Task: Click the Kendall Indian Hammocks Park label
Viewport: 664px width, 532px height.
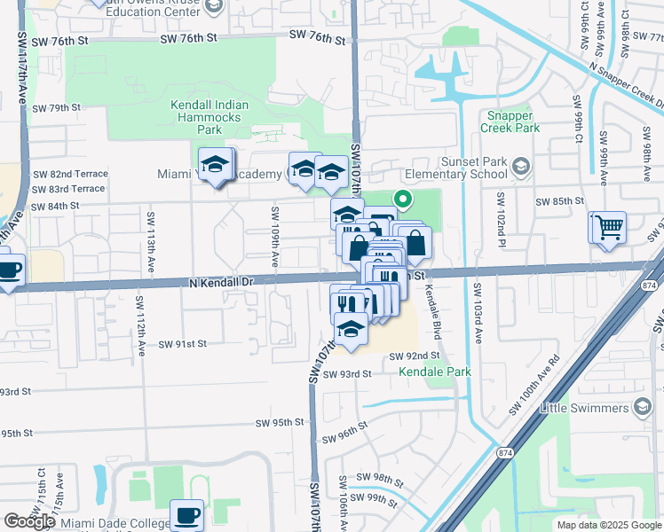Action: [209, 117]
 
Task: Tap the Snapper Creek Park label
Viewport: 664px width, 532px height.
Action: [510, 122]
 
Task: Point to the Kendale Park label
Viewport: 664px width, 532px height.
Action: [435, 372]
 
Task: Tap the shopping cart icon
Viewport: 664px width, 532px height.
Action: [609, 227]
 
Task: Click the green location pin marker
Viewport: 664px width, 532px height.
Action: [402, 200]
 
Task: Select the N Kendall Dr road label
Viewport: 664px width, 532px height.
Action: [222, 281]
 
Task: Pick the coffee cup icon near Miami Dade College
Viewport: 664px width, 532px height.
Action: [186, 514]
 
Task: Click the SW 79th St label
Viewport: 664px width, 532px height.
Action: [56, 107]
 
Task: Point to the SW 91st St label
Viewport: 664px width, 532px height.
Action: [184, 344]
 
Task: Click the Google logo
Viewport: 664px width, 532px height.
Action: [29, 521]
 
